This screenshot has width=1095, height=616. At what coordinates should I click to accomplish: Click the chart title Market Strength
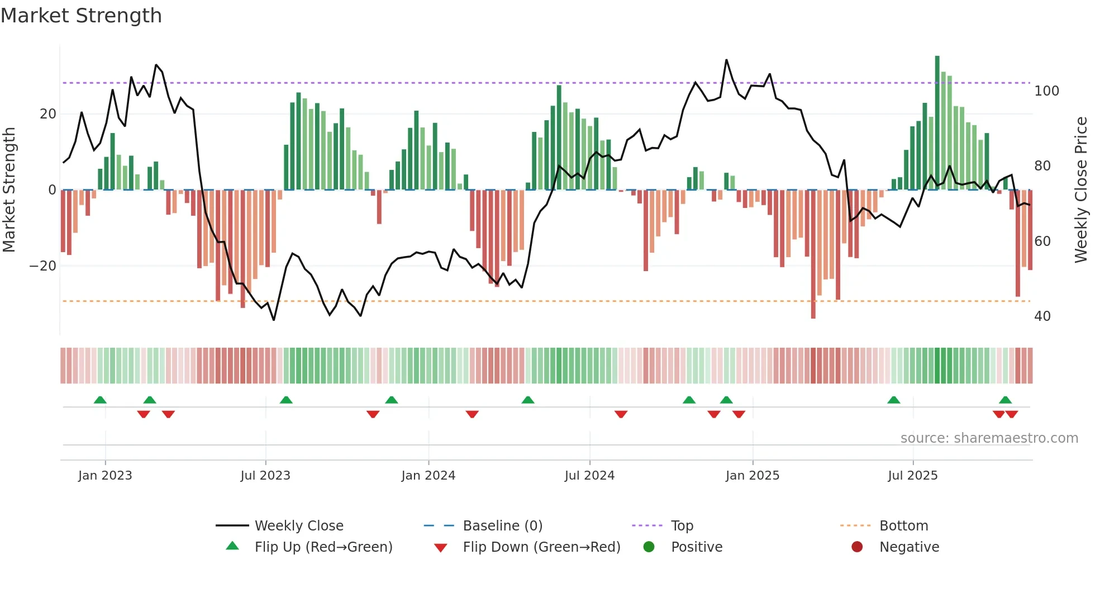(81, 16)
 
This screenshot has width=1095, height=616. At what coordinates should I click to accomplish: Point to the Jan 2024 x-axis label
(428, 475)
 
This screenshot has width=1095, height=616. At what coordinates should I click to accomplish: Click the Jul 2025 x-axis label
(912, 475)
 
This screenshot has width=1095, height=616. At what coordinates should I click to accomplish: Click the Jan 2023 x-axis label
(105, 475)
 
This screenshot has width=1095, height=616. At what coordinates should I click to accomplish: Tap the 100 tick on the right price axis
(1046, 91)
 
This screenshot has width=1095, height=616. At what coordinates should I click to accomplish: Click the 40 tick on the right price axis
(1042, 316)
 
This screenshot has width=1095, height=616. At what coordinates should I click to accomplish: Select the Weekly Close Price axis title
(1081, 190)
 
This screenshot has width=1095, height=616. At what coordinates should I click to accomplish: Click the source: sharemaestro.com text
(989, 438)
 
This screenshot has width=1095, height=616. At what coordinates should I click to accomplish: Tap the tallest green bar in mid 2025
(937, 123)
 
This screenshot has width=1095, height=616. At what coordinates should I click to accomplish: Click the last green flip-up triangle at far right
(1005, 400)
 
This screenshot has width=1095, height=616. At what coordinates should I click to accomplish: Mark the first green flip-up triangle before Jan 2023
(100, 400)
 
